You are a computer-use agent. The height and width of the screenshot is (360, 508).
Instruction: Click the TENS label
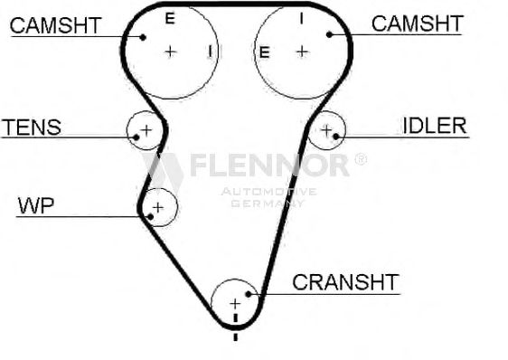tap(32, 127)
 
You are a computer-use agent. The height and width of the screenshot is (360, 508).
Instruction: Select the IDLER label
tap(435, 126)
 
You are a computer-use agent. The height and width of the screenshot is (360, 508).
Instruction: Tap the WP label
tap(36, 205)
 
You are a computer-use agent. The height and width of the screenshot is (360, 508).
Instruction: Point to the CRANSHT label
tap(345, 282)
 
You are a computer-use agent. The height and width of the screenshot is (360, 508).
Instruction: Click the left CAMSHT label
tap(56, 25)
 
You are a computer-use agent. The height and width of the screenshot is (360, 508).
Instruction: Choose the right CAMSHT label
tap(418, 24)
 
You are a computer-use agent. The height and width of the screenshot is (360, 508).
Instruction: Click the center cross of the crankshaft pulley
tap(235, 304)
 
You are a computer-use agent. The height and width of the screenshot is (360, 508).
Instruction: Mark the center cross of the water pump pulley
tap(158, 207)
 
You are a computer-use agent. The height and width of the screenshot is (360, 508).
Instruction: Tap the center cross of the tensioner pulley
tap(146, 130)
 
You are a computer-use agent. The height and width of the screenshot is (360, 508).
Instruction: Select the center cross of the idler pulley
tap(326, 130)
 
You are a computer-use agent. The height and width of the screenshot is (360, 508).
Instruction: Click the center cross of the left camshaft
tap(171, 52)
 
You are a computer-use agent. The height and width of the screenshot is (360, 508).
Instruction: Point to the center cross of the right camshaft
tap(302, 52)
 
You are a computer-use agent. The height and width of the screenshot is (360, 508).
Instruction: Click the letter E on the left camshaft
tap(170, 18)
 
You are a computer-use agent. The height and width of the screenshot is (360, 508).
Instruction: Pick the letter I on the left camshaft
tap(211, 52)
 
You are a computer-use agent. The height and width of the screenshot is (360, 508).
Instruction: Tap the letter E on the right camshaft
tap(264, 52)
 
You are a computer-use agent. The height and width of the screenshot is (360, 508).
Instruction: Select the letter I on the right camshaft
tap(302, 18)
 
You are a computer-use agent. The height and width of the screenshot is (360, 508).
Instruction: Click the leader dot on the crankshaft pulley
tap(249, 294)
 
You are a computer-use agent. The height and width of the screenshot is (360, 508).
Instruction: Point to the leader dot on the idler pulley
tap(336, 137)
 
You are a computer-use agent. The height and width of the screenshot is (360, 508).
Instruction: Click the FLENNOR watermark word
tap(269, 165)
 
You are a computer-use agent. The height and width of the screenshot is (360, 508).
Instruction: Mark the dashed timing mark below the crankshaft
tap(236, 327)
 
